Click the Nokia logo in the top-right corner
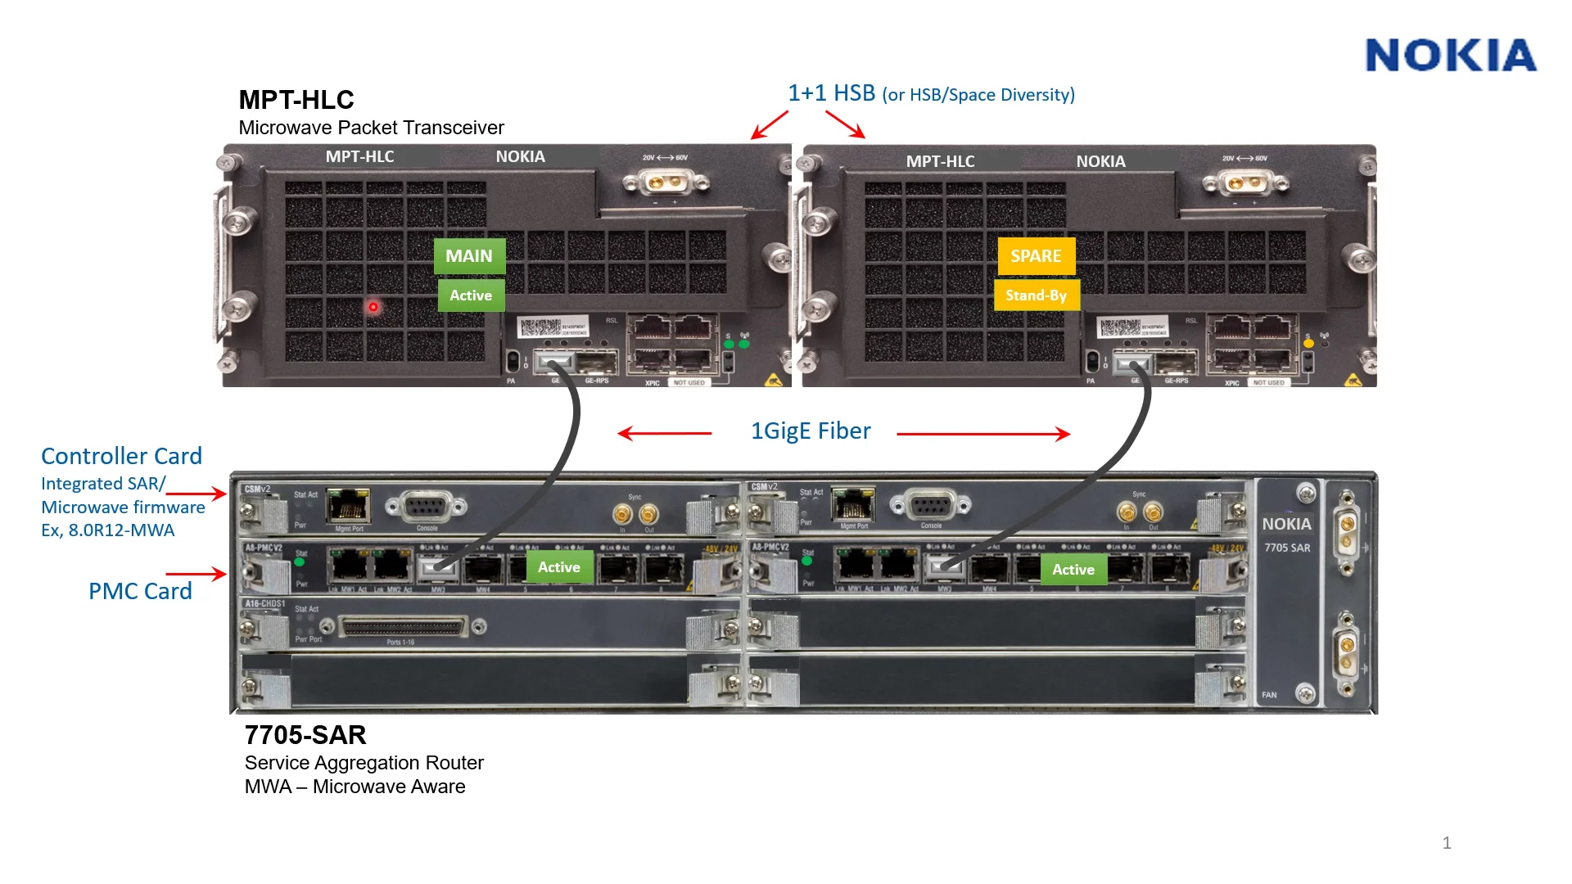(1451, 56)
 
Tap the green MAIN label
(469, 256)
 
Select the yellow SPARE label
(1036, 256)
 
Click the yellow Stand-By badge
(1036, 295)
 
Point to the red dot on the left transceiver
(373, 307)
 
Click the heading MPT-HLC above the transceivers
(296, 100)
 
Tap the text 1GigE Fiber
(811, 431)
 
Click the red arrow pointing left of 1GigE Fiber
(664, 433)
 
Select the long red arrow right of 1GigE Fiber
(983, 434)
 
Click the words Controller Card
(121, 456)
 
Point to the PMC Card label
(140, 591)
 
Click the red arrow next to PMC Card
(196, 574)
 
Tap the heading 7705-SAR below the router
(305, 735)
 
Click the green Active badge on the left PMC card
(559, 567)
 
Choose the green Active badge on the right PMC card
(1073, 570)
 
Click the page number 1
(1447, 843)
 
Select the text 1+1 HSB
(831, 93)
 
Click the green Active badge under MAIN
(471, 295)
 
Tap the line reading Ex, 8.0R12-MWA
(108, 530)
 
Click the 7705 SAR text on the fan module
(1287, 548)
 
